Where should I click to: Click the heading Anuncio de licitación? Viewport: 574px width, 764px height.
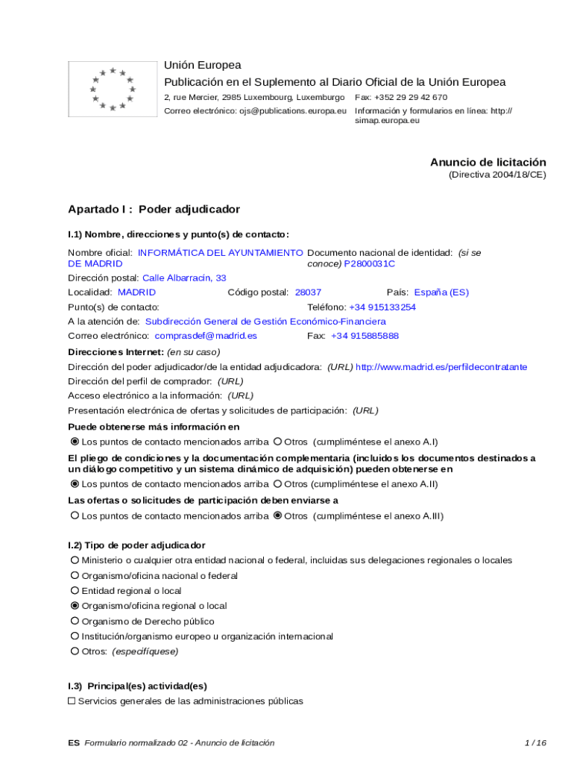[x=488, y=162]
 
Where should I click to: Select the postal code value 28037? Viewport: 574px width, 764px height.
[x=308, y=292]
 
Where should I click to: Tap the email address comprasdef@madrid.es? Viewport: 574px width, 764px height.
[x=206, y=336]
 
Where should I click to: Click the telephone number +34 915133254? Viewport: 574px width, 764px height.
[x=382, y=307]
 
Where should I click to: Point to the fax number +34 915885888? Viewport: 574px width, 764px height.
[x=365, y=336]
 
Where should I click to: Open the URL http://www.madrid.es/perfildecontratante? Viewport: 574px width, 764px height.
[x=441, y=367]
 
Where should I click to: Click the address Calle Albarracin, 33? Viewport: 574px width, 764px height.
[x=184, y=278]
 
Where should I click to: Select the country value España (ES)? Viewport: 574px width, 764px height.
[x=441, y=292]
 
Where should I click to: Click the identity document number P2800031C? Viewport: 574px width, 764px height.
[x=369, y=263]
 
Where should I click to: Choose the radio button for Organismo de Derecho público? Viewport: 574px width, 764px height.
[x=75, y=621]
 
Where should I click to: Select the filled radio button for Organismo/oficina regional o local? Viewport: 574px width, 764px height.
[x=75, y=606]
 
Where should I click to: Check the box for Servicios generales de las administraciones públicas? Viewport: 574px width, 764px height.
[x=72, y=701]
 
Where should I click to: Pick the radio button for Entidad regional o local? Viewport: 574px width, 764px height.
[x=75, y=591]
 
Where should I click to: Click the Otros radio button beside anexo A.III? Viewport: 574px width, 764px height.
[x=278, y=516]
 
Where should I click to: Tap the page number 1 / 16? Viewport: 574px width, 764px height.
[x=535, y=742]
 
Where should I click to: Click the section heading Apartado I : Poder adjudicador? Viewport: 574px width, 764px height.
[x=154, y=209]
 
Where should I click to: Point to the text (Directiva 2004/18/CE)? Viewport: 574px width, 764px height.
[x=497, y=175]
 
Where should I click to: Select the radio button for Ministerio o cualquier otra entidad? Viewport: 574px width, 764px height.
[x=75, y=560]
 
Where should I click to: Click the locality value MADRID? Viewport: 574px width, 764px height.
[x=137, y=292]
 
